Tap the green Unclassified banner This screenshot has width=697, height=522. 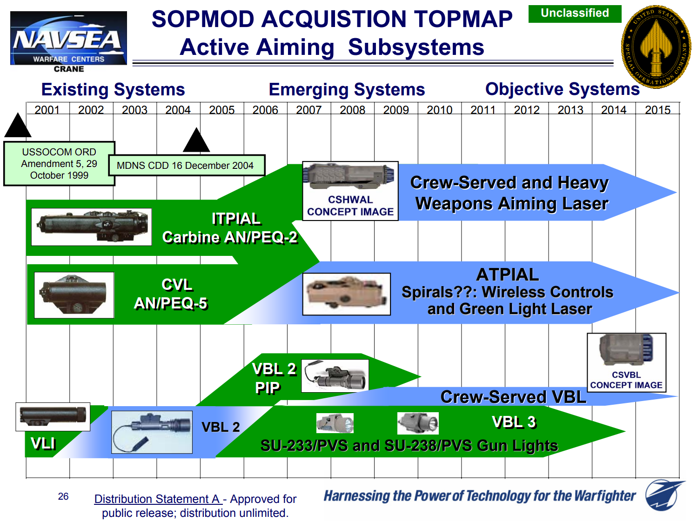[x=575, y=13]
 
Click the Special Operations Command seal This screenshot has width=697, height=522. [x=656, y=47]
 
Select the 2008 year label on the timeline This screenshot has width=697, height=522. [x=352, y=110]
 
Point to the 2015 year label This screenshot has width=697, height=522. [x=657, y=110]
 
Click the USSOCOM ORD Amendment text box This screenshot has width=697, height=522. [x=59, y=164]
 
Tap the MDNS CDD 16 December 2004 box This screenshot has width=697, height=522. [x=186, y=166]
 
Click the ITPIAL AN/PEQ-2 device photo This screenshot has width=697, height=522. [x=92, y=227]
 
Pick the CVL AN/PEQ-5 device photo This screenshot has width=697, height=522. [x=74, y=295]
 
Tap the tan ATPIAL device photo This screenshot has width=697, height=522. [x=347, y=294]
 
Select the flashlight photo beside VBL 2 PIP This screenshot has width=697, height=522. [x=335, y=375]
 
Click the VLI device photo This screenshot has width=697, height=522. [x=53, y=416]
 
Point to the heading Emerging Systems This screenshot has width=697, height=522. [x=347, y=89]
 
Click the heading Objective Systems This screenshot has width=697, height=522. [x=562, y=89]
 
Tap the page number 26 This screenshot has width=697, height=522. [x=63, y=496]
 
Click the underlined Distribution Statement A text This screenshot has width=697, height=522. [x=157, y=499]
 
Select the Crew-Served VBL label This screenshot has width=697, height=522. [x=513, y=397]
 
